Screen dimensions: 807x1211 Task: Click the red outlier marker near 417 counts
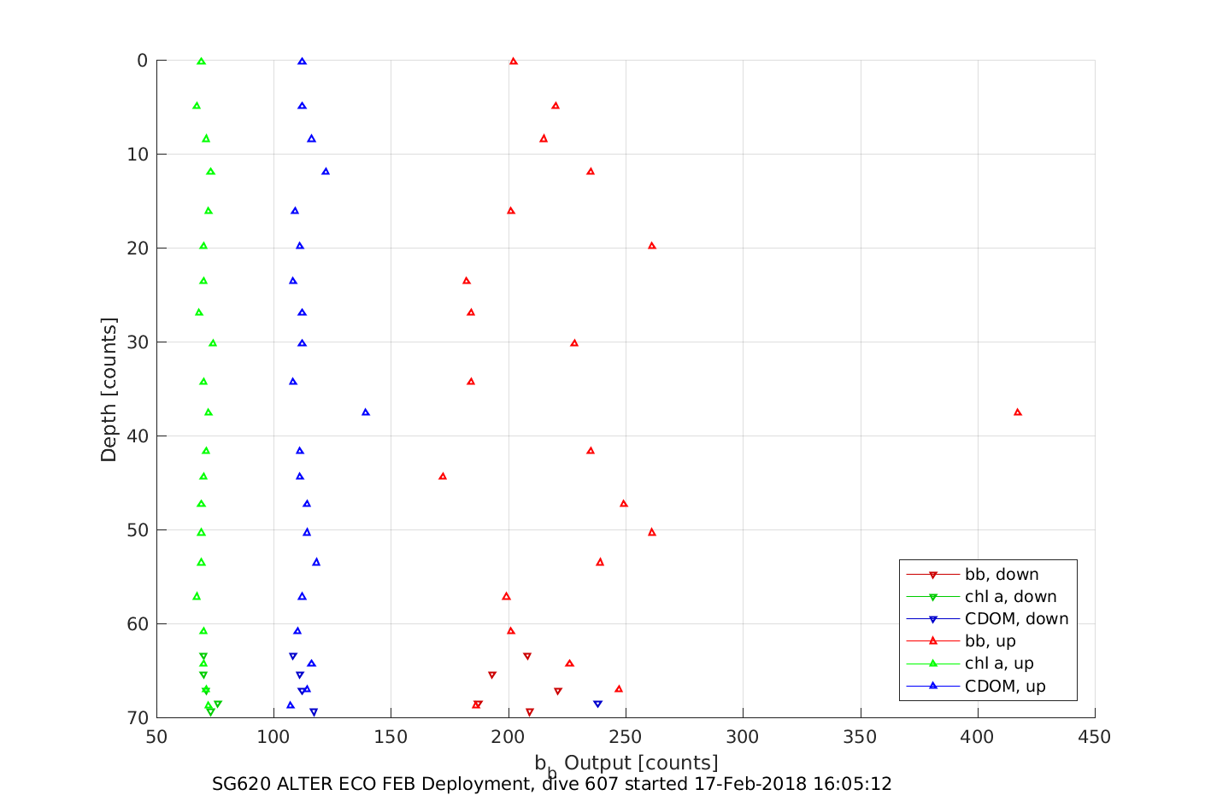(1017, 412)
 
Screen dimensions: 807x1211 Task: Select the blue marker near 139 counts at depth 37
(366, 412)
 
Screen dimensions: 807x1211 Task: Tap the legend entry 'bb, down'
(1002, 575)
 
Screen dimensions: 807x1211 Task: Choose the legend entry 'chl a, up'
(999, 664)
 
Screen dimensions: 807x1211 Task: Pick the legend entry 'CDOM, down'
(1016, 619)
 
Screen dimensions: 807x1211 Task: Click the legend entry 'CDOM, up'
(1005, 686)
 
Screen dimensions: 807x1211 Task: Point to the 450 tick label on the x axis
(1095, 737)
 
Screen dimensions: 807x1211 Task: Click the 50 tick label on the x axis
(156, 737)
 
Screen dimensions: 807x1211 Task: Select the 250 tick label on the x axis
(626, 737)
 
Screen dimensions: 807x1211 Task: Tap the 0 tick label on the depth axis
(142, 61)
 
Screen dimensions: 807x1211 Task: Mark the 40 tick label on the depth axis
(137, 436)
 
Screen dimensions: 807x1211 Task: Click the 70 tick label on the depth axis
(137, 718)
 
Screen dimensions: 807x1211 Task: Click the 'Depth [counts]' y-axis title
(109, 389)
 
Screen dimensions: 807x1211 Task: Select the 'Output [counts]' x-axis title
(641, 763)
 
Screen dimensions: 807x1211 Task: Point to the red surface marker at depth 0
(514, 61)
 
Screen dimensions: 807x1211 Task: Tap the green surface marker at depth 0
(201, 61)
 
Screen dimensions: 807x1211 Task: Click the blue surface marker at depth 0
(302, 61)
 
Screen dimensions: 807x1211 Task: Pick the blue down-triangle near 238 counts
(597, 705)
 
